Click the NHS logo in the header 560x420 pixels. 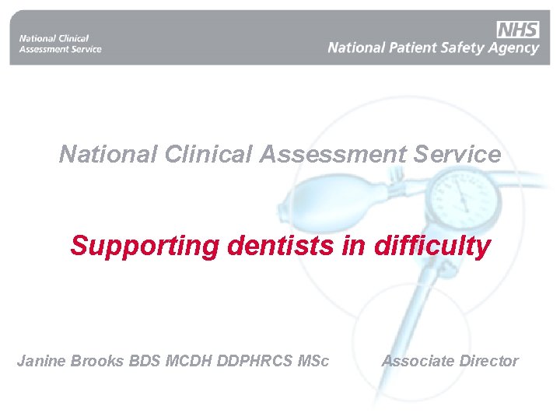click(x=517, y=30)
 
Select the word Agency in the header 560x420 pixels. click(x=513, y=48)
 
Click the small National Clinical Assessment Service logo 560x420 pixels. click(x=60, y=44)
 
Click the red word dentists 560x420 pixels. click(x=282, y=246)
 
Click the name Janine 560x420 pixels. click(x=41, y=361)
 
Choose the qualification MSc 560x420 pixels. click(x=313, y=361)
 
